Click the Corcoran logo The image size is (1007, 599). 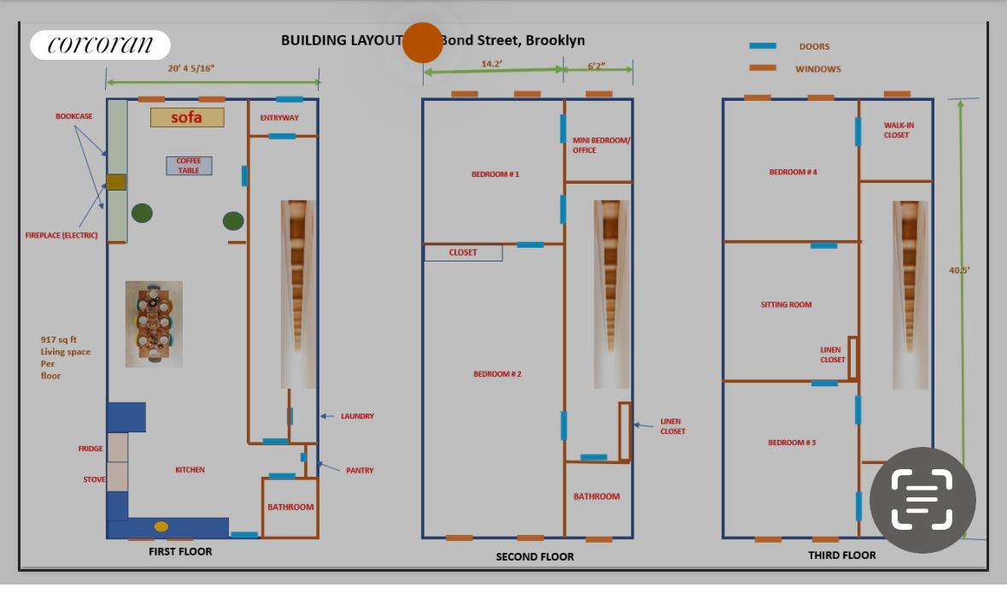(x=100, y=44)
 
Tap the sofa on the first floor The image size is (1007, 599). (x=187, y=117)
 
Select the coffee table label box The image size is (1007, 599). (x=189, y=166)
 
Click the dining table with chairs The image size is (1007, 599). (x=154, y=324)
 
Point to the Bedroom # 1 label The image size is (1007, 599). (x=495, y=174)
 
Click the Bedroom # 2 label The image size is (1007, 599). (x=497, y=374)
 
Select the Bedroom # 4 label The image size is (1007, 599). (x=793, y=172)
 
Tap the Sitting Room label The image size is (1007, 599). (x=786, y=304)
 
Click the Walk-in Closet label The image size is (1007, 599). (x=898, y=130)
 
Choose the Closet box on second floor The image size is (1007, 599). (x=463, y=253)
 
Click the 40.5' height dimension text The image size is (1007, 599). (x=959, y=271)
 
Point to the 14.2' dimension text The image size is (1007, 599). (x=492, y=64)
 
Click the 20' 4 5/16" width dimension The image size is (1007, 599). (x=191, y=68)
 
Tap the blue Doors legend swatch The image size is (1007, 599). (x=763, y=46)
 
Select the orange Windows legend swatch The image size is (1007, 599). (x=763, y=68)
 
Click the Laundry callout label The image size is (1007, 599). (x=357, y=416)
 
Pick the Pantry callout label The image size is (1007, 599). (x=360, y=471)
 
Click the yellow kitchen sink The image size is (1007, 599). (x=161, y=526)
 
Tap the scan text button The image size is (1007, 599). (x=922, y=500)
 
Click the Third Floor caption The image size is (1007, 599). (x=841, y=555)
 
